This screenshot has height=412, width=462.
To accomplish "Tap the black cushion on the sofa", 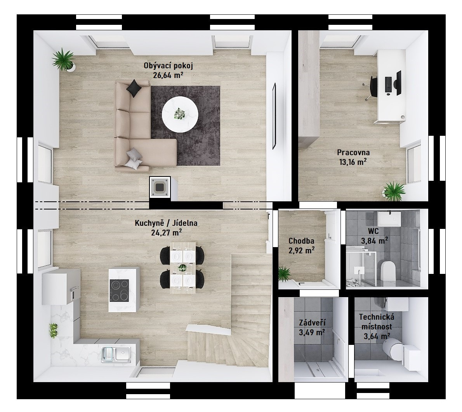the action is [x=134, y=88].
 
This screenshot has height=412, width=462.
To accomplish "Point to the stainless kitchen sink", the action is [x=116, y=354].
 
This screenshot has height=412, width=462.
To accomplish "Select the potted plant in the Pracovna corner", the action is [x=394, y=191].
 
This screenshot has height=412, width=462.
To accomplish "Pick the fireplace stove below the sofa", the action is [x=160, y=187].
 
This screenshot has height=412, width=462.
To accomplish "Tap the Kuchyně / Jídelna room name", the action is [x=166, y=223].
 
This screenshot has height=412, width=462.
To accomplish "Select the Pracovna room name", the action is [x=353, y=152].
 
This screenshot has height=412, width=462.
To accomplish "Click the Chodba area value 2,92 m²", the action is [x=301, y=250].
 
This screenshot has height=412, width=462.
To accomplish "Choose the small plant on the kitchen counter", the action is [x=53, y=331].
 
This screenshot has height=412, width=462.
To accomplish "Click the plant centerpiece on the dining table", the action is [x=183, y=268].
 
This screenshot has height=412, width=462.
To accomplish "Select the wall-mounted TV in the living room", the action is [x=274, y=116].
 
